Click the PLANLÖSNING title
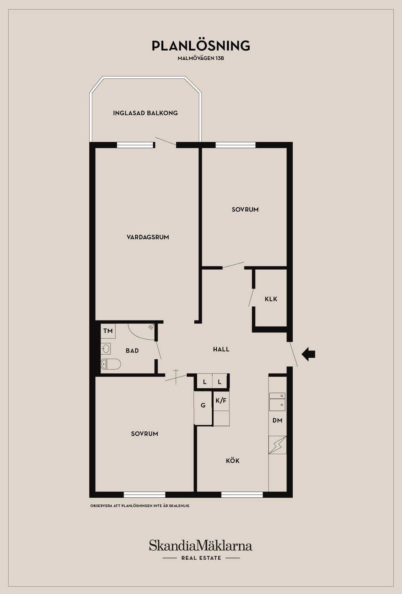pos(201,46)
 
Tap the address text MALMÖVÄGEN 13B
pos(201,58)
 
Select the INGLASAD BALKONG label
pos(145,113)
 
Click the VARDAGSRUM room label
pos(148,237)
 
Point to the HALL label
pos(221,349)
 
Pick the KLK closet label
pos(271,299)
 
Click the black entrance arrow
pos(308,354)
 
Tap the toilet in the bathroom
pos(111,364)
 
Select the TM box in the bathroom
pos(108,331)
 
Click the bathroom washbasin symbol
pos(106,349)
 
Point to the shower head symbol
pos(151,327)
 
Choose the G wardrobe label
pos(203,405)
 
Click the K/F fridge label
pos(221,400)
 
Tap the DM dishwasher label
pos(278,420)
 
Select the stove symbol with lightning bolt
pos(278,445)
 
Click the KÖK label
pos(232,461)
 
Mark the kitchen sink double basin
pos(278,402)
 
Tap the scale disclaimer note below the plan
pos(140,506)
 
